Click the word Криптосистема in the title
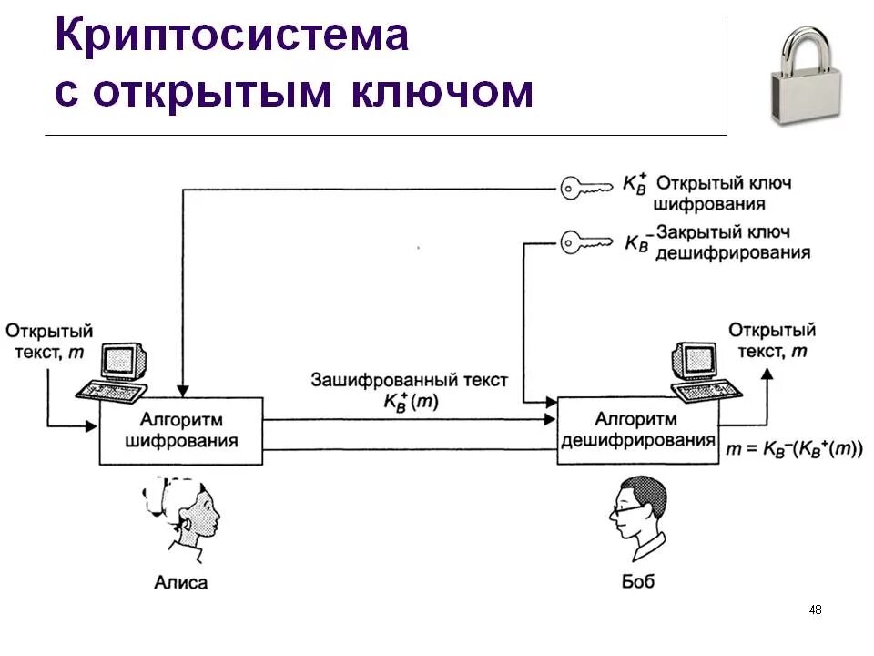point(231,36)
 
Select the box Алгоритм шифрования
point(181,431)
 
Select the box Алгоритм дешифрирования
point(637,431)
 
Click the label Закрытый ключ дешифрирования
point(732,242)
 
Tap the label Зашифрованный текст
point(409,380)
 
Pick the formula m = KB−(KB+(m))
point(794,448)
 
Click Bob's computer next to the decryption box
point(702,370)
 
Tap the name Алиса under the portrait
point(181,582)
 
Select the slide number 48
point(815,610)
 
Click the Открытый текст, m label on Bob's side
point(771,340)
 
